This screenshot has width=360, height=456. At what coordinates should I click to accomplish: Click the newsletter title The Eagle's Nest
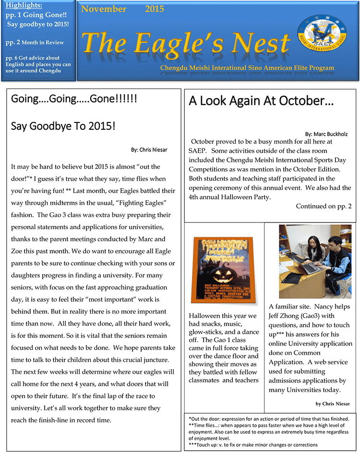coord(186,44)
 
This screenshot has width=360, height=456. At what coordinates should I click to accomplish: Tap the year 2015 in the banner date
coord(154,9)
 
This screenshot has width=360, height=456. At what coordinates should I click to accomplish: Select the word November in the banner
coord(104,9)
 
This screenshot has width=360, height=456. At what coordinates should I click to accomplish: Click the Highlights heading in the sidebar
coord(24,6)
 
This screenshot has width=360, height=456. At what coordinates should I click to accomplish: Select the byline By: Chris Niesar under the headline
coord(149,150)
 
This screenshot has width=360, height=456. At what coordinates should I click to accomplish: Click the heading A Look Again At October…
coord(261,101)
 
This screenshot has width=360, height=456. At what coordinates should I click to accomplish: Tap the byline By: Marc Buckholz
coord(326,134)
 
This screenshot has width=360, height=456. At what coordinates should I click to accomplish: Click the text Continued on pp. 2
coord(324,206)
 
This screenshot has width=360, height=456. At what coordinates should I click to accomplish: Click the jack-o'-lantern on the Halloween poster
coord(223,276)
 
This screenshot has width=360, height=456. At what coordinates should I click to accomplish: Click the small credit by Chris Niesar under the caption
coord(333,404)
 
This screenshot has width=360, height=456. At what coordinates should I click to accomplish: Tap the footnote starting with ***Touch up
coord(253,444)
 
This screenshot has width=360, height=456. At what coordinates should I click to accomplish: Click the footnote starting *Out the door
coord(269,419)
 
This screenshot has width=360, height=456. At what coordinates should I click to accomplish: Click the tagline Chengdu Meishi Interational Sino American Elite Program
coord(247,68)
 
